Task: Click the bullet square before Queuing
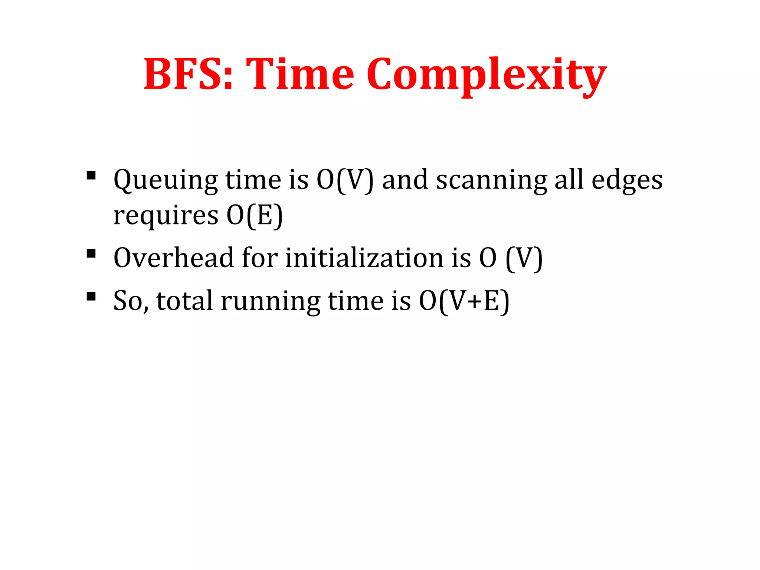[91, 175]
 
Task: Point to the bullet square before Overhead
[91, 254]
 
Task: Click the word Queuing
[166, 181]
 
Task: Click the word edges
[627, 181]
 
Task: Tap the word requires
[166, 216]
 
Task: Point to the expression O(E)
[255, 216]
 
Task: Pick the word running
[271, 301]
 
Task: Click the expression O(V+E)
[464, 301]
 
